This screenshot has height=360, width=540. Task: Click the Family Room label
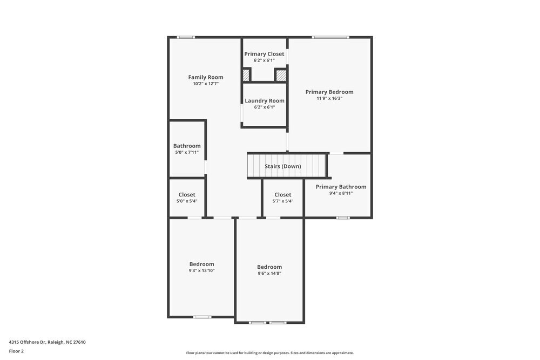tap(205, 77)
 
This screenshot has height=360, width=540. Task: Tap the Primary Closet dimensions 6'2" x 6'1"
tap(264, 60)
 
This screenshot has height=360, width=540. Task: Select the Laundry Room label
tap(264, 101)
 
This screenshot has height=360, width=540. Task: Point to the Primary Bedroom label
tap(329, 92)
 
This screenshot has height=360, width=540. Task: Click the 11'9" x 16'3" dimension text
tap(329, 99)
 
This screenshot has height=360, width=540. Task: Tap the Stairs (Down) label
tap(282, 166)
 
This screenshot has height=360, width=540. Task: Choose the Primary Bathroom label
tap(341, 187)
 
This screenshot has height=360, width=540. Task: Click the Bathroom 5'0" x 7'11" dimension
tap(186, 153)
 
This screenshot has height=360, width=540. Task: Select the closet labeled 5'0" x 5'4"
tap(187, 198)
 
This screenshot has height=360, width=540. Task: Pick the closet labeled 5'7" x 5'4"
tap(282, 198)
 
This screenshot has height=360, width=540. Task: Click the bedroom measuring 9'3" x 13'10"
tap(201, 267)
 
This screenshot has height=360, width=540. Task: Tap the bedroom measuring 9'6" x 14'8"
tap(269, 270)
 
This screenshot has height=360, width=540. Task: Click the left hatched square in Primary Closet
tap(246, 75)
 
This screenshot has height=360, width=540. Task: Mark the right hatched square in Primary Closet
tap(281, 75)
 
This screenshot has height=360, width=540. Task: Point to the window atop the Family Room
tap(186, 37)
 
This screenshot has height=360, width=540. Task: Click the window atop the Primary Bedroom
tap(330, 37)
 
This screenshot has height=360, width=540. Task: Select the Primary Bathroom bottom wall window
tap(343, 218)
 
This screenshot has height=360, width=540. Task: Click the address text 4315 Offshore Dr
tap(47, 342)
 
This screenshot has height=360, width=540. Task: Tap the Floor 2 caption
tap(16, 351)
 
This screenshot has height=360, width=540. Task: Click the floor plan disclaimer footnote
tap(269, 353)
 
